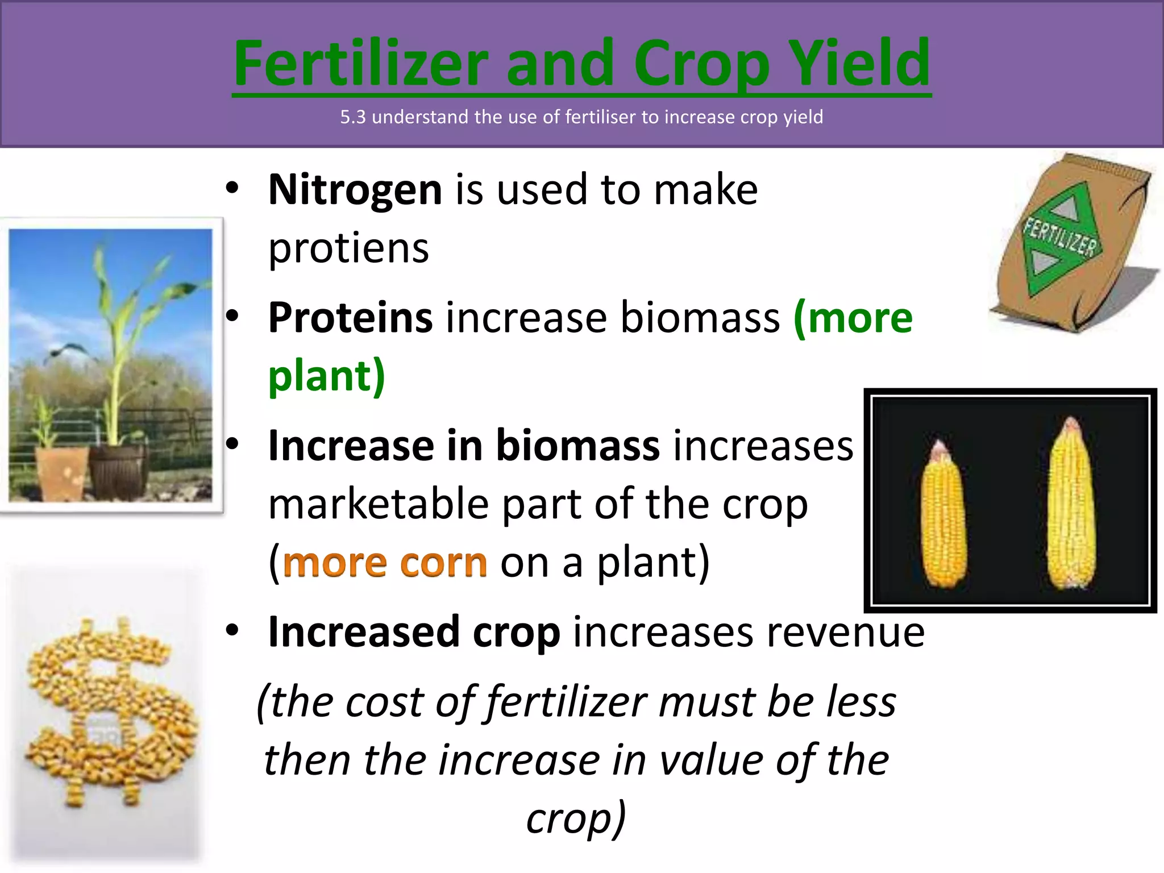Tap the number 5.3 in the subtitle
click(x=352, y=117)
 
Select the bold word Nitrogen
click(x=355, y=190)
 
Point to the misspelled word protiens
click(x=348, y=248)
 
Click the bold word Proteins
click(x=350, y=318)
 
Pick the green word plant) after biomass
click(x=327, y=376)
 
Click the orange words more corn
click(x=385, y=563)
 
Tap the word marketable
click(x=379, y=504)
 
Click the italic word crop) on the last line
click(x=576, y=818)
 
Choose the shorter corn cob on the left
click(x=943, y=514)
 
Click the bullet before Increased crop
click(x=231, y=631)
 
